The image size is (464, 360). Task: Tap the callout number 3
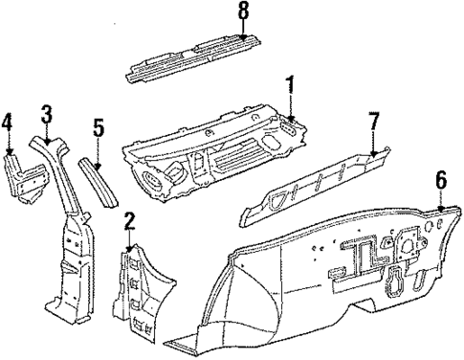click(45, 117)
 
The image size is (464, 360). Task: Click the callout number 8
click(243, 12)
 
